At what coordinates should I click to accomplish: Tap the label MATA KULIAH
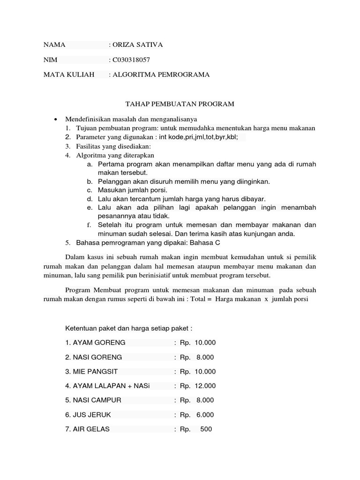pos(69,75)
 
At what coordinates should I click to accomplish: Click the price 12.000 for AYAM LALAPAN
pos(205,386)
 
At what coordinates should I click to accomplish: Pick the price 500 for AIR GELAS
pos(206,429)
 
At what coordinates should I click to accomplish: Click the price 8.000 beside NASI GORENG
pos(205,357)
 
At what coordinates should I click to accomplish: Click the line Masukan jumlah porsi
pos(132,190)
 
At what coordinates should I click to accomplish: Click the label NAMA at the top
pos(54,45)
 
